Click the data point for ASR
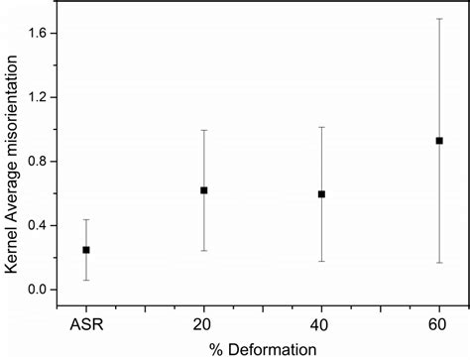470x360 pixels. (86, 250)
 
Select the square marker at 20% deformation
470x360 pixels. (204, 189)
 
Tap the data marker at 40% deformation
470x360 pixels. (321, 194)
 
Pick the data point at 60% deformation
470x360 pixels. (439, 141)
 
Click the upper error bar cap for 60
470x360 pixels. (439, 19)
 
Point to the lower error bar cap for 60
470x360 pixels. (439, 263)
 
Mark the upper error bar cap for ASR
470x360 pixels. (86, 219)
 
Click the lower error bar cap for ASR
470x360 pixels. (86, 281)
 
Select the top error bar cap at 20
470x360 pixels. (204, 130)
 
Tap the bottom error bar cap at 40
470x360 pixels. (321, 262)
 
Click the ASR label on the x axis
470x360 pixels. (86, 324)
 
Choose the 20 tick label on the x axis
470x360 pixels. (204, 324)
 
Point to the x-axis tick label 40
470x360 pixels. (321, 324)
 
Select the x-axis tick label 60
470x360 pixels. (439, 324)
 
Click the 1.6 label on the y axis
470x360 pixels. (44, 34)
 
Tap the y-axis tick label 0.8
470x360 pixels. (44, 162)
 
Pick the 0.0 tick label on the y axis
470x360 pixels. (44, 290)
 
